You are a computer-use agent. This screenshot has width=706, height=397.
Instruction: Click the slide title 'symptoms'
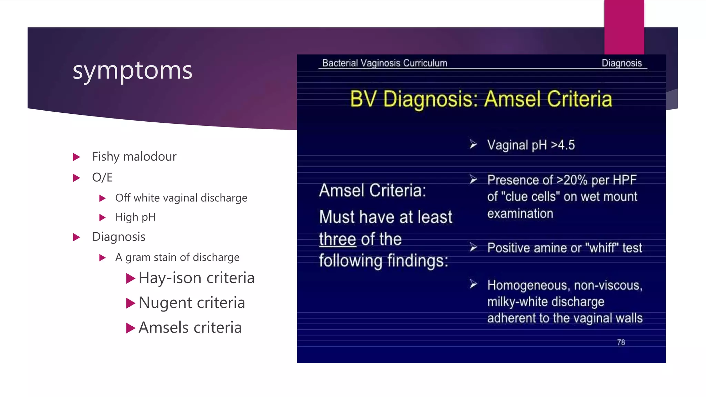[132, 71]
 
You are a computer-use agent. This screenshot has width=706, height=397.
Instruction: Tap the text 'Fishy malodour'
[134, 157]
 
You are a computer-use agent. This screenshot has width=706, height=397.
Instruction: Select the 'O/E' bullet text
[102, 177]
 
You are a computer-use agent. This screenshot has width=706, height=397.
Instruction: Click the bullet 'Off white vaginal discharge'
[181, 198]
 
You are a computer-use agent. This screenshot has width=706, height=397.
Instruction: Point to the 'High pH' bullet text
[135, 217]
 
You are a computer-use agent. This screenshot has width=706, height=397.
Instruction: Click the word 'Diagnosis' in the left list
[119, 237]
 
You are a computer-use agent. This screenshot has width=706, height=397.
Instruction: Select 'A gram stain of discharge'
[177, 257]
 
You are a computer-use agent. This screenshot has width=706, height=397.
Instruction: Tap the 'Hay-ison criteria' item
[196, 278]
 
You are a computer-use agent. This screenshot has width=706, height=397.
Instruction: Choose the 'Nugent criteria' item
[192, 303]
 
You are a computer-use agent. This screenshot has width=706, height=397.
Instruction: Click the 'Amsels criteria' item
[190, 327]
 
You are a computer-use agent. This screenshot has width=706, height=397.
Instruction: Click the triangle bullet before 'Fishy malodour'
[77, 157]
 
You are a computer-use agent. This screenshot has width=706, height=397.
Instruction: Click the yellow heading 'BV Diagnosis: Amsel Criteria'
[481, 99]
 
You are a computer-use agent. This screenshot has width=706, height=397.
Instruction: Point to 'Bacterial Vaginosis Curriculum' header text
[384, 63]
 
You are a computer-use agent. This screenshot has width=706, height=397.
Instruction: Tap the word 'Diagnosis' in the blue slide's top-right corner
[622, 63]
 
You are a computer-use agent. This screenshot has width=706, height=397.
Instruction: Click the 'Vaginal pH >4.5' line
[531, 145]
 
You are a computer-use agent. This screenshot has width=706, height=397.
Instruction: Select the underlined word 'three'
[337, 239]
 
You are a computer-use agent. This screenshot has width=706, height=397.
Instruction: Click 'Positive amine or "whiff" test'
[564, 248]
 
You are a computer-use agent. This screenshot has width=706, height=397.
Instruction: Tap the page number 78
[621, 342]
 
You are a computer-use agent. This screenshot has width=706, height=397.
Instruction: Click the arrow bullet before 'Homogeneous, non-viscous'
[473, 284]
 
